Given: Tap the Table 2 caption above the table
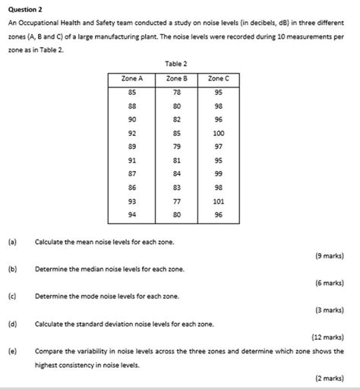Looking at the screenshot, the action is tap(175, 64).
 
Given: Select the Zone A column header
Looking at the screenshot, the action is tap(132, 77).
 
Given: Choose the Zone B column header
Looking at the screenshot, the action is tap(176, 77).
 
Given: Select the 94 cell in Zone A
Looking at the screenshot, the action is tap(132, 215).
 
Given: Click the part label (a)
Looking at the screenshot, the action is tap(12, 242).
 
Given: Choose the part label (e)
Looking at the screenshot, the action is tap(12, 352).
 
